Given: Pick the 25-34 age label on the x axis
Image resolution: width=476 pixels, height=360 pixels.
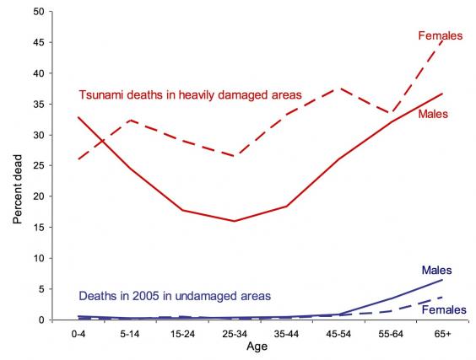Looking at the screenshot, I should (x=234, y=334).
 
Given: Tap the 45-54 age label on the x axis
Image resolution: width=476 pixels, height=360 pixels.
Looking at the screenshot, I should (x=338, y=334).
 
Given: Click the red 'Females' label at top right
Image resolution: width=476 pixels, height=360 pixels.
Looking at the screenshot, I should (x=441, y=35).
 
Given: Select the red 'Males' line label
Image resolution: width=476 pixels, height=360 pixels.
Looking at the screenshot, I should (x=433, y=113).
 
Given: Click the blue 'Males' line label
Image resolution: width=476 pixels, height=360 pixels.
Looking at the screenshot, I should (x=437, y=271).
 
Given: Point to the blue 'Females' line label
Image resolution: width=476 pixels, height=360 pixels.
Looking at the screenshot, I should (x=443, y=310).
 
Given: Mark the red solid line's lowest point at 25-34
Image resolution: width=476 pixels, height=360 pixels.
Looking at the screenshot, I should (x=234, y=221).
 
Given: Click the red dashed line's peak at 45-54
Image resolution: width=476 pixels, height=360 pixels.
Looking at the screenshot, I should (x=338, y=89).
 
